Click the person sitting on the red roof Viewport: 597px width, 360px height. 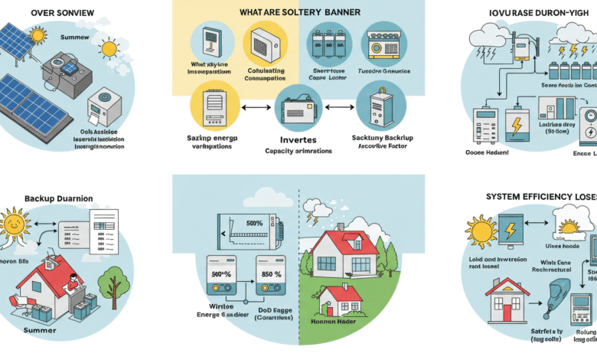coord(73,284)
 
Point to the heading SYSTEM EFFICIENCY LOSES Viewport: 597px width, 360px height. coord(540,197)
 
